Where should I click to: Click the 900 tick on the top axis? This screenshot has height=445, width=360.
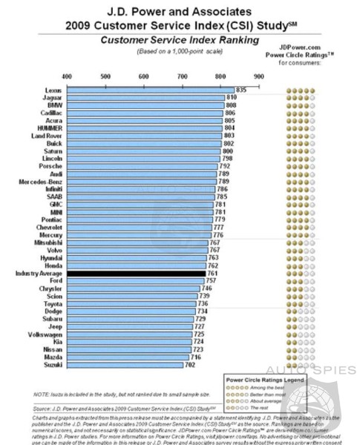(x=258, y=76)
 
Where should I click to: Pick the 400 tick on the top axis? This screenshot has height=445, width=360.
(x=67, y=76)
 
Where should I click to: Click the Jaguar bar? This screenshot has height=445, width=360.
(x=145, y=97)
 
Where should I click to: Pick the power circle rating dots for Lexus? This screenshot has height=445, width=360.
(x=301, y=89)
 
